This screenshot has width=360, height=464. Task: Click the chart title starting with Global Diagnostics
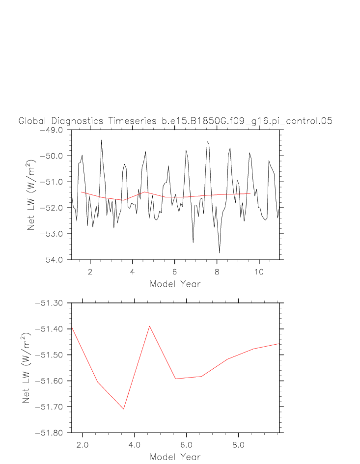pos(175,121)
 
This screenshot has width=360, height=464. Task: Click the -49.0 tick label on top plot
pos(55,130)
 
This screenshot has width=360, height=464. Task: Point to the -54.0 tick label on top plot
pos(55,259)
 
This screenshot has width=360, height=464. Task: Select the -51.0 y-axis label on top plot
pos(55,182)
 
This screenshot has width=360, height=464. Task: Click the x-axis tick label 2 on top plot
pos(90,271)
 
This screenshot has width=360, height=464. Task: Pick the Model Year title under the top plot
pos(175,284)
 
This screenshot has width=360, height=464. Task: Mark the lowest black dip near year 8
pos(220,252)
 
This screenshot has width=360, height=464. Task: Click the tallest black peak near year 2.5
pos(102,140)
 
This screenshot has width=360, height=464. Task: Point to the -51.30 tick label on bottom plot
pos(54,303)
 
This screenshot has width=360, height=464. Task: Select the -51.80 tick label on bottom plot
pos(54,433)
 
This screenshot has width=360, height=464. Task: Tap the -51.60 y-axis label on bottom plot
pos(54,381)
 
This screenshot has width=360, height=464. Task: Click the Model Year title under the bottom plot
pos(175,457)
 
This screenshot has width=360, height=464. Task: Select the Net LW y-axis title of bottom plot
pos(27,368)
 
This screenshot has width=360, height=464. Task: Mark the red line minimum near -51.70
pos(124,409)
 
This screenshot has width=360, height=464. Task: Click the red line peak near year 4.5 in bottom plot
pos(149,326)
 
